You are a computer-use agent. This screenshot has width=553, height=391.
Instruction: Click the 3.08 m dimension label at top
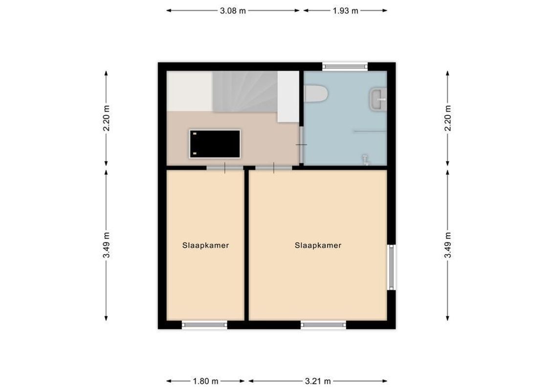pyautogui.click(x=233, y=10)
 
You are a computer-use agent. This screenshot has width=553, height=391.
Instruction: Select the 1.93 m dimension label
pyautogui.click(x=345, y=10)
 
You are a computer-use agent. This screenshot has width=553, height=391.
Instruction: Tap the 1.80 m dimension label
pyautogui.click(x=205, y=381)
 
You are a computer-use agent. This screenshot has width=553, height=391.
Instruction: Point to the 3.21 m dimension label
pyautogui.click(x=318, y=381)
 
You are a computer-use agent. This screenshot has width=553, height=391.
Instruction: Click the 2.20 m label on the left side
pyautogui.click(x=106, y=118)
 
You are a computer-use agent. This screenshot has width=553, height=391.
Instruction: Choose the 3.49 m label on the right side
pyautogui.click(x=447, y=245)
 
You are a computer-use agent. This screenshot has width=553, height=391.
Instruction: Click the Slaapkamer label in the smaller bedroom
pyautogui.click(x=205, y=245)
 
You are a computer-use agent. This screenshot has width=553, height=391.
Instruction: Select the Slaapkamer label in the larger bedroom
pyautogui.click(x=318, y=245)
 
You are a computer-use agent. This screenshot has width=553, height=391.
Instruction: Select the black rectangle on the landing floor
pyautogui.click(x=216, y=144)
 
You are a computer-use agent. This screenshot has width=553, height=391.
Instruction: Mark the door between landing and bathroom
pyautogui.click(x=301, y=145)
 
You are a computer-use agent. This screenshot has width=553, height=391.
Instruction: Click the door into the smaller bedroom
pyautogui.click(x=224, y=168)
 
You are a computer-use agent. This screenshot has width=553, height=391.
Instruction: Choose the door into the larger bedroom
pyautogui.click(x=274, y=168)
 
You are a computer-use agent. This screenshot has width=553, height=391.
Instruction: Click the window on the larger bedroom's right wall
pyautogui.click(x=391, y=267)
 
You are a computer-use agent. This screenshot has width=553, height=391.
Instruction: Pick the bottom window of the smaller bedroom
pyautogui.click(x=204, y=324)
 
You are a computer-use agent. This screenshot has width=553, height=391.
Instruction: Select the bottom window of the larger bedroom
pyautogui.click(x=323, y=324)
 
